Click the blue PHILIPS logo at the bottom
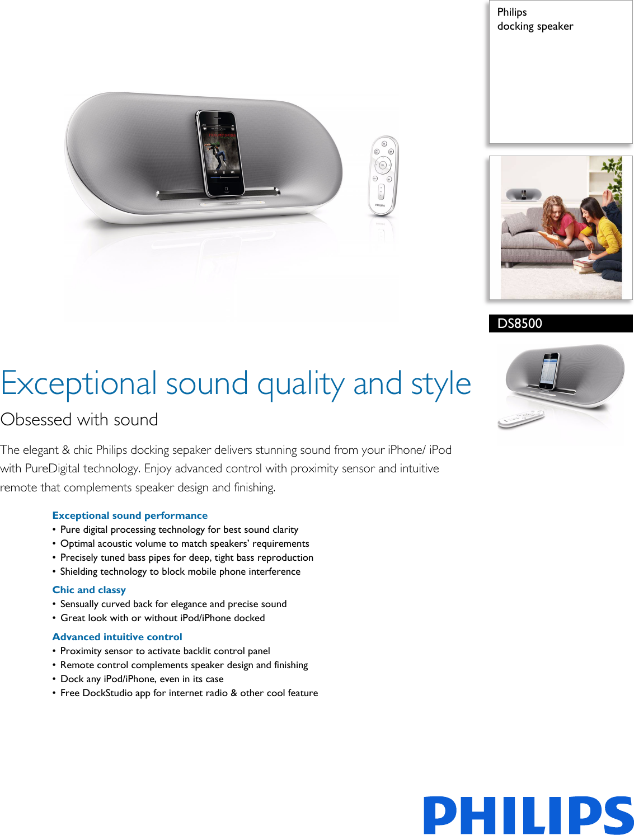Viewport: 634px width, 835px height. [x=528, y=815]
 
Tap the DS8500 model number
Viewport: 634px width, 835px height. [x=520, y=323]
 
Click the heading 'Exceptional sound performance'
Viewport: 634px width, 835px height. [x=130, y=515]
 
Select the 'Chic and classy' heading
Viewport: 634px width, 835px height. [x=89, y=590]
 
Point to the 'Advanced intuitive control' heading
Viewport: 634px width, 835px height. [x=117, y=637]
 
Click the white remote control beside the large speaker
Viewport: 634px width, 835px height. [x=383, y=175]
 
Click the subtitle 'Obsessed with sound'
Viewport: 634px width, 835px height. [x=79, y=419]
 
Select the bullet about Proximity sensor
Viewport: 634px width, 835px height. [x=165, y=651]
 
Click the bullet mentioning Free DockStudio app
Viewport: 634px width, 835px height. [x=189, y=693]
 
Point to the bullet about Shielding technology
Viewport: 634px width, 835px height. [x=180, y=571]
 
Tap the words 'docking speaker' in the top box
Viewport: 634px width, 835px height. [x=535, y=26]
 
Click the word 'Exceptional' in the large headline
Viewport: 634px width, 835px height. [x=79, y=384]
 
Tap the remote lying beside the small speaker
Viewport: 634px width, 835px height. [x=521, y=419]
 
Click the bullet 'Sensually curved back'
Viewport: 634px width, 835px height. [x=173, y=604]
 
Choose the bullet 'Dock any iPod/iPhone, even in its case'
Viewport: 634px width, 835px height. [x=142, y=679]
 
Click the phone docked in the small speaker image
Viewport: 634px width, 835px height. [x=550, y=370]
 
